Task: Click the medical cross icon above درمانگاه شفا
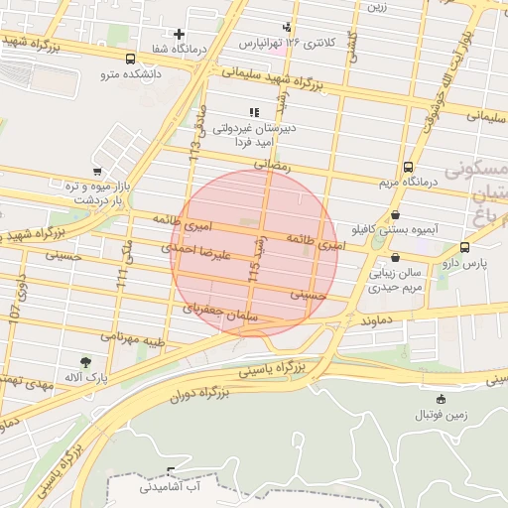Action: click(179, 33)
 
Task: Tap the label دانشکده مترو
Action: click(123, 73)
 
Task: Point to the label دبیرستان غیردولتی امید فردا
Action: click(253, 135)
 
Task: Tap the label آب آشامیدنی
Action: click(170, 487)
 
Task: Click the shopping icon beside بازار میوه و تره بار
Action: click(96, 171)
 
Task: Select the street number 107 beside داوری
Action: click(15, 311)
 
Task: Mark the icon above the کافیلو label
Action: click(397, 213)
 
